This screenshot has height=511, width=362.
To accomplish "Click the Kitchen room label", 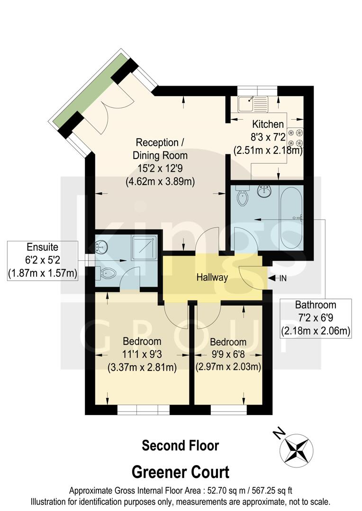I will coord(268,124).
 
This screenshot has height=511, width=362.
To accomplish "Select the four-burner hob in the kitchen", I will coord(299,138).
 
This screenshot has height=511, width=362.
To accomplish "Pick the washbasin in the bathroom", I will coord(264,191).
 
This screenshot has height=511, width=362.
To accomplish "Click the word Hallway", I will coord(213,278).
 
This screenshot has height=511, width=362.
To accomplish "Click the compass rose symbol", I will coord(297,449).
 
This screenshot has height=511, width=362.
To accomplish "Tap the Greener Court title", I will coord(181,472).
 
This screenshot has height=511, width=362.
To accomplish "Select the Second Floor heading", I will coord(181,445).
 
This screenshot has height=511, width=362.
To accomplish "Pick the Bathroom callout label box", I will coord(316,318).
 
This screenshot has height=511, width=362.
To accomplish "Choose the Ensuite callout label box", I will coord(42,260).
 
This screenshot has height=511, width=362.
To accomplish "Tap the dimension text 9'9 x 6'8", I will coord(228,354).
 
